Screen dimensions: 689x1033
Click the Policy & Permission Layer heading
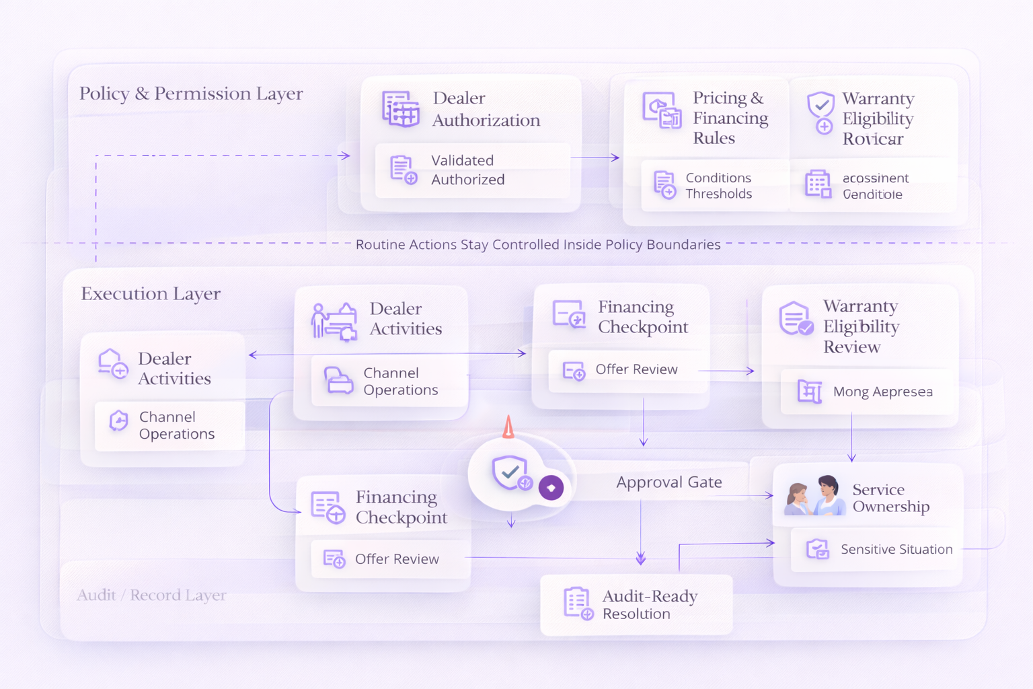(x=191, y=94)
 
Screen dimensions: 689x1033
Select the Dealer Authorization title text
(x=486, y=109)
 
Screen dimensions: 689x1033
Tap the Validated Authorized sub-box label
(x=467, y=170)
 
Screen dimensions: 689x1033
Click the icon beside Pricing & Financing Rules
(x=661, y=110)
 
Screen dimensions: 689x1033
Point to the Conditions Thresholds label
(x=718, y=186)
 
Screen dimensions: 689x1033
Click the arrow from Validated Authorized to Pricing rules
(x=595, y=157)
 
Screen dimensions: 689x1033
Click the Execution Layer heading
(x=151, y=294)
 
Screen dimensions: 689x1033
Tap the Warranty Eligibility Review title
(x=861, y=326)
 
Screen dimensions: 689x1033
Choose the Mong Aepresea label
(x=882, y=392)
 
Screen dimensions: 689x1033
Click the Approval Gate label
(x=669, y=482)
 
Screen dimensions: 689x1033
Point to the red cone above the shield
(x=508, y=427)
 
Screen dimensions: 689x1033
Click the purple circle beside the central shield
(x=551, y=488)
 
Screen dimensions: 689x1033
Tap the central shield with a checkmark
(x=510, y=472)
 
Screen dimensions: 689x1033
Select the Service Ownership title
(x=890, y=498)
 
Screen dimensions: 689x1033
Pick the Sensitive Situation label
(x=896, y=549)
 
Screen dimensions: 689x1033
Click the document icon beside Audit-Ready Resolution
(x=578, y=603)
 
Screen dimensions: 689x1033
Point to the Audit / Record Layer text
(x=151, y=595)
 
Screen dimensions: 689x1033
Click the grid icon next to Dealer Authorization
(x=401, y=109)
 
